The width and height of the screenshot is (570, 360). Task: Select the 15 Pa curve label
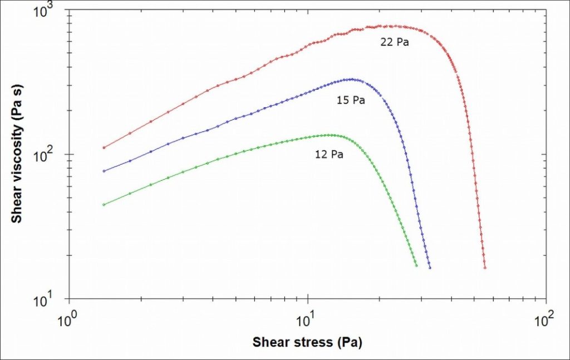point(351,101)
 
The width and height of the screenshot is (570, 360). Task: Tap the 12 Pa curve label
point(329,155)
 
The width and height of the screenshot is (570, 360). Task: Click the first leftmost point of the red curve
point(104,147)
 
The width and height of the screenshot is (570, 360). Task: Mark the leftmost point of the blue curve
point(104,171)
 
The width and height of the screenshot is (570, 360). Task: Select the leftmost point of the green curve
point(104,205)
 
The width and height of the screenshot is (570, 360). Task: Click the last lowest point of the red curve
point(485,268)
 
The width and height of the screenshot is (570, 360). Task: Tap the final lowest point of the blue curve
point(430,268)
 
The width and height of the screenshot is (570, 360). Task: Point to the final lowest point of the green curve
point(416,265)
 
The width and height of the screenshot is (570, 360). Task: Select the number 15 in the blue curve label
point(342,101)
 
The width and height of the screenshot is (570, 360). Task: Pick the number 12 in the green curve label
point(321,155)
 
